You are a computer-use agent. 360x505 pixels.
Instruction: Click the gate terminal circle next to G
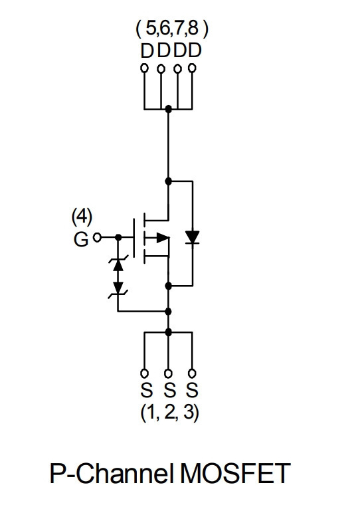click(97, 238)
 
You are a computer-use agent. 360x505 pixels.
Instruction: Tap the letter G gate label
click(81, 239)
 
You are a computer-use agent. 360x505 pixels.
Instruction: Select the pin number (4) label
click(82, 217)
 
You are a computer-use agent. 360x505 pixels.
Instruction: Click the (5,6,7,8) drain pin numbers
click(172, 29)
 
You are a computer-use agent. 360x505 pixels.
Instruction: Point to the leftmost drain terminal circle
click(145, 68)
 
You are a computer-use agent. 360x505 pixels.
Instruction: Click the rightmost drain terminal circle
click(192, 68)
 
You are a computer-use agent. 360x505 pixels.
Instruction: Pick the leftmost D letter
click(147, 51)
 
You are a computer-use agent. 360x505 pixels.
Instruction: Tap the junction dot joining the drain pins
click(168, 109)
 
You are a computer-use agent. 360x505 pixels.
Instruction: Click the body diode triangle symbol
click(193, 237)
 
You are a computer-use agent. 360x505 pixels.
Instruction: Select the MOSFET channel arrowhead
click(163, 238)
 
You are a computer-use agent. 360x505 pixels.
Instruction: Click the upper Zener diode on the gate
click(118, 263)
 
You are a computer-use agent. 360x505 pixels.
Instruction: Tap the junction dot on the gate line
click(118, 238)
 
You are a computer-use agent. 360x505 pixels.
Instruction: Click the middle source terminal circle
click(168, 373)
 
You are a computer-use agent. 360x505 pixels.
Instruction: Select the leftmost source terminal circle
click(145, 373)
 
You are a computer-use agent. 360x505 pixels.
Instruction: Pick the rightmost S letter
click(192, 390)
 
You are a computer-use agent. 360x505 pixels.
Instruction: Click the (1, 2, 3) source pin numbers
click(169, 413)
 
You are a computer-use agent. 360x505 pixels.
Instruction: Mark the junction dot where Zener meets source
click(168, 312)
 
